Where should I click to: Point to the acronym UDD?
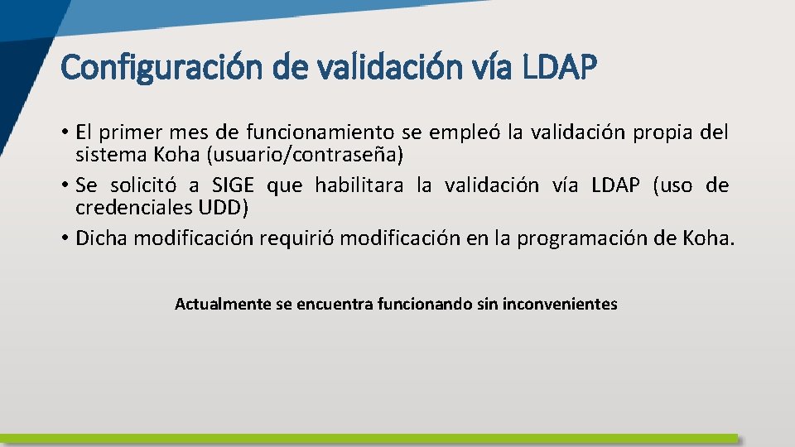point(224,208)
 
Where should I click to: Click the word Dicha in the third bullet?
point(102,238)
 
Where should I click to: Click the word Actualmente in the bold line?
point(222,304)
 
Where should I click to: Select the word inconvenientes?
point(559,304)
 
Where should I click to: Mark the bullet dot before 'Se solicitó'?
point(64,186)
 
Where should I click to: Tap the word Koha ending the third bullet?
point(706,238)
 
